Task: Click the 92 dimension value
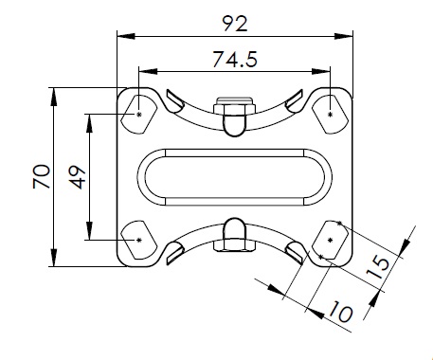click(x=235, y=24)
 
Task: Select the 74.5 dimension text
click(x=235, y=60)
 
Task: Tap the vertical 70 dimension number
click(x=42, y=176)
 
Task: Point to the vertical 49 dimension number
click(x=78, y=177)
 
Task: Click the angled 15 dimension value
click(x=378, y=268)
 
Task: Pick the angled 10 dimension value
click(x=340, y=312)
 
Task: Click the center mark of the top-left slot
click(x=139, y=115)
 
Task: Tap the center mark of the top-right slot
click(x=331, y=115)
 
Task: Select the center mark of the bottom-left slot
click(x=139, y=241)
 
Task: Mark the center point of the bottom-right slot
click(x=331, y=241)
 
